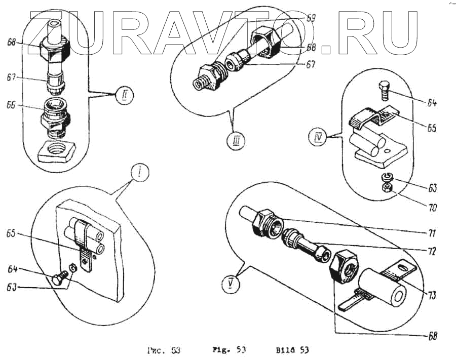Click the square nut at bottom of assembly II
(x=55, y=150)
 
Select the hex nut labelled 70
(x=386, y=188)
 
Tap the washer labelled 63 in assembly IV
(x=386, y=177)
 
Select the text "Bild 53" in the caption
(x=292, y=350)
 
